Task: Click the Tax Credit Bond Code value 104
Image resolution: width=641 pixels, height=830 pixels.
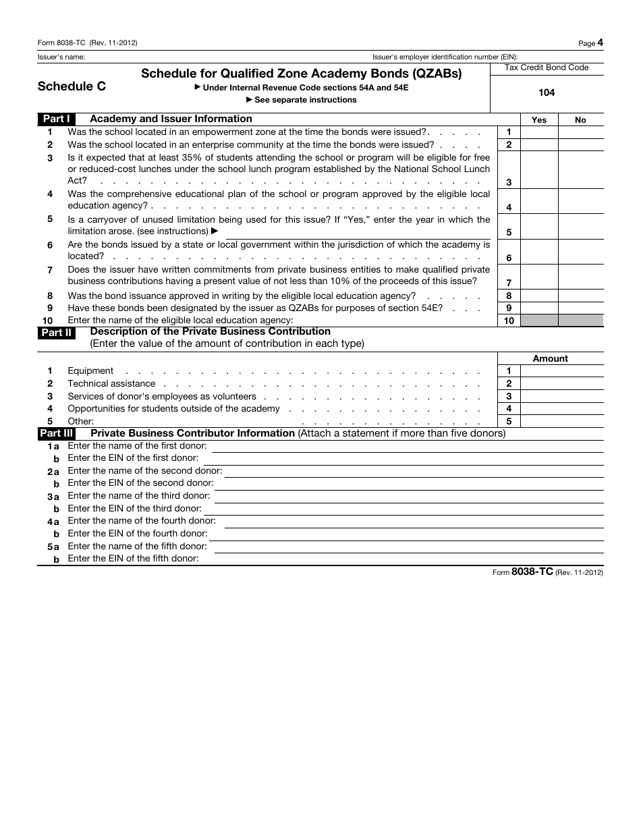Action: pyautogui.click(x=547, y=92)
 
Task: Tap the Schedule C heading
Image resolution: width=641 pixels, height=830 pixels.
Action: pyautogui.click(x=72, y=86)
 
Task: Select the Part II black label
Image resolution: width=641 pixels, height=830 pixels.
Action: pyautogui.click(x=56, y=332)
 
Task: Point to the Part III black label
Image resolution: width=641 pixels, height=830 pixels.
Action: pyautogui.click(x=57, y=433)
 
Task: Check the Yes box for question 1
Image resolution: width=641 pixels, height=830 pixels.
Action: pyautogui.click(x=539, y=132)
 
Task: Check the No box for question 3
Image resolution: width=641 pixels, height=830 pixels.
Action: pyautogui.click(x=581, y=170)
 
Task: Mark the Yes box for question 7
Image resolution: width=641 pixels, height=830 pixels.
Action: pyautogui.click(x=539, y=277)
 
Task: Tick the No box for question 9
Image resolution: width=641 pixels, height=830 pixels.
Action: pyautogui.click(x=581, y=308)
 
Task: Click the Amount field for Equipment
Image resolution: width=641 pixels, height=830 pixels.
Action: pyautogui.click(x=561, y=371)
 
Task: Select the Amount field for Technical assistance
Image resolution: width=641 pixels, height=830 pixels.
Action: pyautogui.click(x=561, y=384)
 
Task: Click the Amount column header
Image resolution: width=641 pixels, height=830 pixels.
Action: pyautogui.click(x=551, y=359)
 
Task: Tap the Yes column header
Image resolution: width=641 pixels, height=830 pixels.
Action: pyautogui.click(x=539, y=120)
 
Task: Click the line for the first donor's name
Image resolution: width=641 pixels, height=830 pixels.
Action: pyautogui.click(x=408, y=447)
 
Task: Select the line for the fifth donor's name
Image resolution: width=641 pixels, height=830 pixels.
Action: pyautogui.click(x=406, y=547)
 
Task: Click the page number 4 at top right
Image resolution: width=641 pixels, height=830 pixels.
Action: pyautogui.click(x=600, y=43)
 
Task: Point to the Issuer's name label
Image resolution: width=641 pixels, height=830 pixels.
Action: pyautogui.click(x=61, y=57)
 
